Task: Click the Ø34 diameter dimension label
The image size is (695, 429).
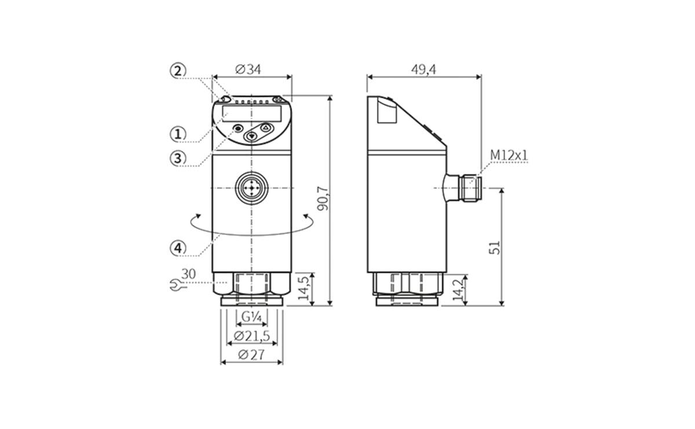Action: click(248, 69)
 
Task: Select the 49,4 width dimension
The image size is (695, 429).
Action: click(423, 69)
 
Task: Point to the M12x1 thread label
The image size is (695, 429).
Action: click(509, 155)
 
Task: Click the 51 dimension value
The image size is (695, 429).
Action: click(494, 247)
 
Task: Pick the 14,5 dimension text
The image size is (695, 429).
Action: click(303, 288)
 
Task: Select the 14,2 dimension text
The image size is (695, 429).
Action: click(458, 289)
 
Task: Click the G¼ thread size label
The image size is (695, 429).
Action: click(252, 317)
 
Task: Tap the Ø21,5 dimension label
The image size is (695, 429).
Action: click(252, 336)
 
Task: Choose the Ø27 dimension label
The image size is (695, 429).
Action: click(251, 355)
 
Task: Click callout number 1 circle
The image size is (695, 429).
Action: click(178, 134)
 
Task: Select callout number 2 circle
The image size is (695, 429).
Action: click(178, 71)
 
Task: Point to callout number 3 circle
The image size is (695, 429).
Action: click(178, 157)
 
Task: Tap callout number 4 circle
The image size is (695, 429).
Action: click(178, 248)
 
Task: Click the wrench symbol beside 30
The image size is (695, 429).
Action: click(173, 284)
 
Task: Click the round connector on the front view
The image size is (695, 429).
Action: click(252, 188)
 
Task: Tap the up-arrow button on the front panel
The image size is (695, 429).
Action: click(266, 128)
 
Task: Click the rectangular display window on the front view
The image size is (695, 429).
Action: click(252, 112)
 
